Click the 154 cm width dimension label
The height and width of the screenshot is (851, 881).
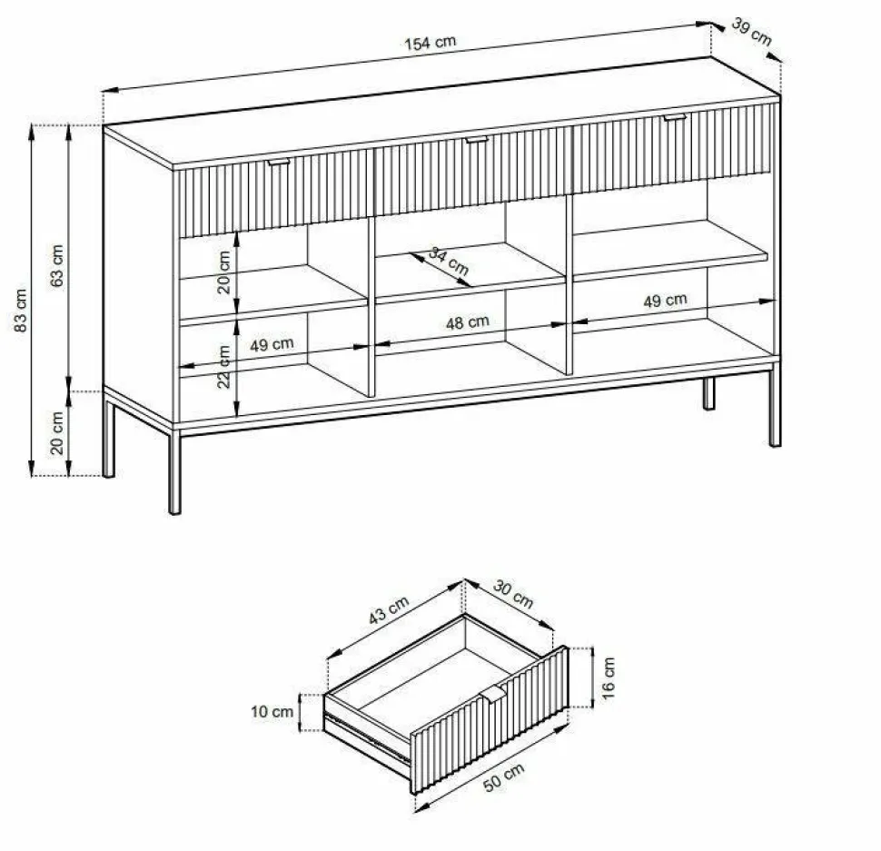[x=431, y=43]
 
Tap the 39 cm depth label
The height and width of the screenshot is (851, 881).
[x=752, y=32]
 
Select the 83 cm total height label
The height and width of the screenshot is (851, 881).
[x=20, y=311]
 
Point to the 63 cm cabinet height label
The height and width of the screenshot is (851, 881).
[x=57, y=266]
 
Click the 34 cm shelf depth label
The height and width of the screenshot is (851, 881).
[x=449, y=262]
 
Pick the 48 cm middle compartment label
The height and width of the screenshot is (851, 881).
[x=468, y=322]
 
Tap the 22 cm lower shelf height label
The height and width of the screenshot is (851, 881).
[x=223, y=367]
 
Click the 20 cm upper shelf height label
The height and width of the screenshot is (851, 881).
[x=223, y=272]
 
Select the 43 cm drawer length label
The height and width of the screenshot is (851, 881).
[x=389, y=610]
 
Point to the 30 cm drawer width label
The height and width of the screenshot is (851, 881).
[x=513, y=594]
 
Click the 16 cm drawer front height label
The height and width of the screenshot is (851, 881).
[x=609, y=678]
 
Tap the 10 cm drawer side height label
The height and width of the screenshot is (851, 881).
[x=272, y=712]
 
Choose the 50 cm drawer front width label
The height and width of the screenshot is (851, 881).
[x=504, y=778]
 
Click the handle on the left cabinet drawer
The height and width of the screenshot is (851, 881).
[x=279, y=162]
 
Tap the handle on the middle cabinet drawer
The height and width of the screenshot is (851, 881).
[x=477, y=139]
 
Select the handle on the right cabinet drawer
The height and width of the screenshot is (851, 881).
[x=675, y=117]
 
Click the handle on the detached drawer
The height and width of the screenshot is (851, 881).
[x=493, y=693]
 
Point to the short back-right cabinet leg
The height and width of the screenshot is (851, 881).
[x=709, y=392]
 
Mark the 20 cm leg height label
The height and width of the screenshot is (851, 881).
[x=57, y=433]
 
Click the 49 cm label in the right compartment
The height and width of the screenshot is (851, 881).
[x=665, y=301]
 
